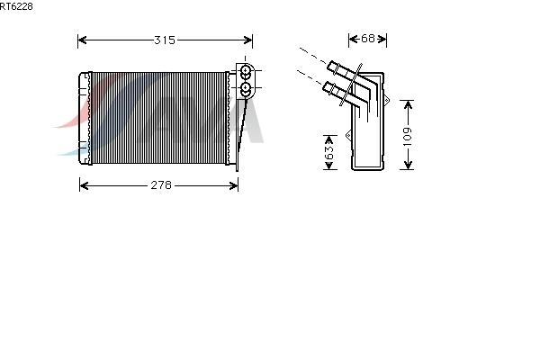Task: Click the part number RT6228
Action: tap(17, 5)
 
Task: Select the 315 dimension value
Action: tap(164, 40)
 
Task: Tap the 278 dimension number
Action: tap(159, 185)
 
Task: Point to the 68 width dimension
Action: tap(367, 39)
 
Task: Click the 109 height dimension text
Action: tap(408, 135)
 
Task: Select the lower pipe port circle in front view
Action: tap(245, 88)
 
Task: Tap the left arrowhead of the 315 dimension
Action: tap(83, 40)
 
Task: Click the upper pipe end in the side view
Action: tap(335, 67)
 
